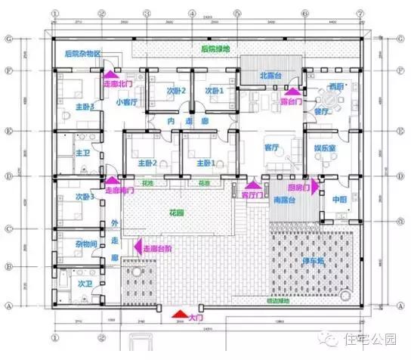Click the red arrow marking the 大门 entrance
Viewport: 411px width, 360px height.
(178, 313)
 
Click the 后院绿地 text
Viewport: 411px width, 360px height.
(215, 49)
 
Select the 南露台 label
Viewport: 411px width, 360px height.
(285, 199)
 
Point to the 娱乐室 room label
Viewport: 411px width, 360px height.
(326, 149)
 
